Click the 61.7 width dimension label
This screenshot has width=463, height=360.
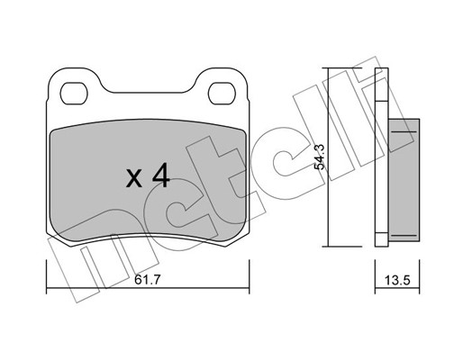148,280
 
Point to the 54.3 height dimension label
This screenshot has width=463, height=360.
319,157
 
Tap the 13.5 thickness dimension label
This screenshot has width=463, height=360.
397,281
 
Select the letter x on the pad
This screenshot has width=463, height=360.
133,178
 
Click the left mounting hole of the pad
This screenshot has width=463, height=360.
74,94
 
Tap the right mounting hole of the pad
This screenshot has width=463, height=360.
222,94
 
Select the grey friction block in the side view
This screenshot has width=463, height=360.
404,179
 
